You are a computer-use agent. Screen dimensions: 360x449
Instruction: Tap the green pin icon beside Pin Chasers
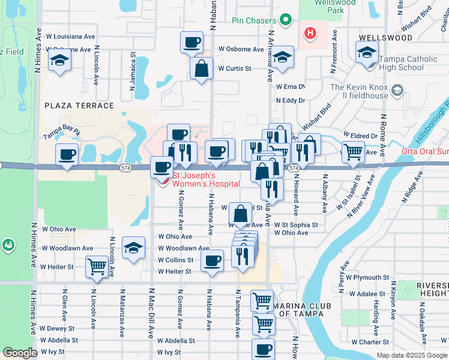point(287,20)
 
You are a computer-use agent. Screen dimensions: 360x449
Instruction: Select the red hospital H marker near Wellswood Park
point(310,33)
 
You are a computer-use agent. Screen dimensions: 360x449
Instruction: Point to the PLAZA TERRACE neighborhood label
point(79,106)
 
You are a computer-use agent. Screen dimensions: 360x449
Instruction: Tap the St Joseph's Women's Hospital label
point(206,179)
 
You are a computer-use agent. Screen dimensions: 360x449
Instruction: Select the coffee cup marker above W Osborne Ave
point(192,43)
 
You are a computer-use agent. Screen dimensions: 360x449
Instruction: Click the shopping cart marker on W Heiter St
point(97,266)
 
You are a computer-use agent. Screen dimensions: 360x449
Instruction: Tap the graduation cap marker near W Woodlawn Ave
point(133,248)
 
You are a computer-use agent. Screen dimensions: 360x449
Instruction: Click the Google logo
point(20,353)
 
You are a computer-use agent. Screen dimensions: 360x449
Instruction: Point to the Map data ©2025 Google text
point(412,355)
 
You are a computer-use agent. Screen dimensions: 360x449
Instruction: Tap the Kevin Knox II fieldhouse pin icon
point(397,91)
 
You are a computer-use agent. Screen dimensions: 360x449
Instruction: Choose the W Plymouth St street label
point(367,278)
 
